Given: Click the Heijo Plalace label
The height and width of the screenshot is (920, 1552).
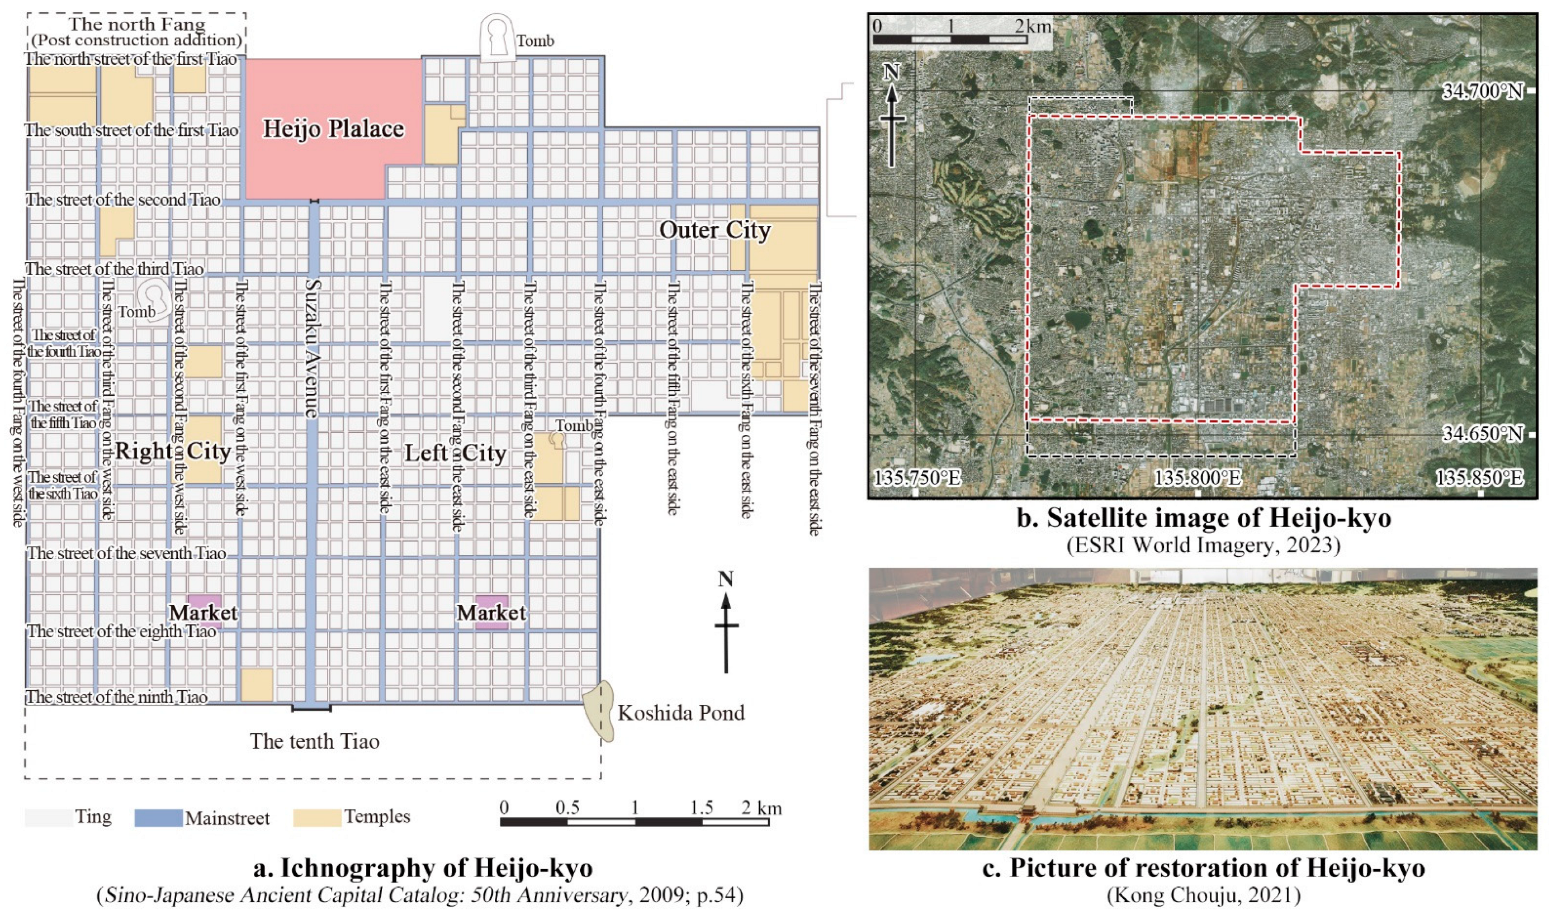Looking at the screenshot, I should pos(334,129).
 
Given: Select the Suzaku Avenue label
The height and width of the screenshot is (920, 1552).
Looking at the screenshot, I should pos(312,348).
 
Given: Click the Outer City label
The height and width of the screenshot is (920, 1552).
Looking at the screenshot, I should pos(715,230).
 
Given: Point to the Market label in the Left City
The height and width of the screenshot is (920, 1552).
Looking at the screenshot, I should pos(491,613).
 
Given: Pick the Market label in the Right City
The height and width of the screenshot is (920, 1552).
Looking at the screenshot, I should pos(204,613).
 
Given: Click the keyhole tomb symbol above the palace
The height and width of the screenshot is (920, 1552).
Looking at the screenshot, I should pos(499,39).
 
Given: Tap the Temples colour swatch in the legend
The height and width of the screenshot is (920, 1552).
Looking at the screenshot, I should pos(317,818).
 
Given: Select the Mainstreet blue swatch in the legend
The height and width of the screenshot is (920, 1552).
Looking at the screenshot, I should pos(158,818).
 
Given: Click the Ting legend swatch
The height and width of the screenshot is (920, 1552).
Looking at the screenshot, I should pos(49,818).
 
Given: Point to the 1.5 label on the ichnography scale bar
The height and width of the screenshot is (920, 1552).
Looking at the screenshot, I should pos(701,808).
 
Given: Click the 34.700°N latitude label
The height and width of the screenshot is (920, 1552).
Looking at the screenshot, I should pos(1482,92).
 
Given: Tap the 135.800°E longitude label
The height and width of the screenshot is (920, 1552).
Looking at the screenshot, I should pos(1198,478).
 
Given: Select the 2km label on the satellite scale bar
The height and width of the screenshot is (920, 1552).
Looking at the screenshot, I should pos(1033,26).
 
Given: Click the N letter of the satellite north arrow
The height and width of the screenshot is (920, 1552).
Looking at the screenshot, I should pos(892,72).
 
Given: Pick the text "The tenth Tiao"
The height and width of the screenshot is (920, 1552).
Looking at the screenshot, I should pos(314,742).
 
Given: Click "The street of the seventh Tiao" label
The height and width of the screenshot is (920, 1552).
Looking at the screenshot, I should pos(126,553).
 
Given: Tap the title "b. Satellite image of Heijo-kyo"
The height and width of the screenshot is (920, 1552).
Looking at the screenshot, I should pos(1204,518).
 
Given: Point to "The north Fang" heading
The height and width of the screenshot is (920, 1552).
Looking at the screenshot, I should pos(136,25).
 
